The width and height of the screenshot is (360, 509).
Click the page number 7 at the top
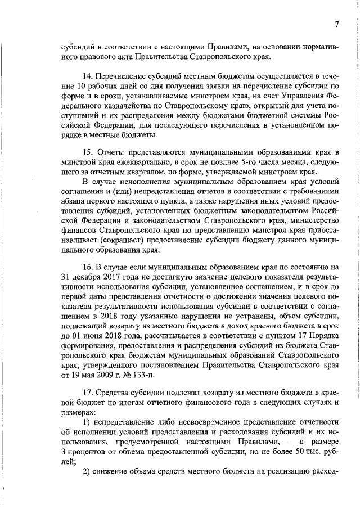pos(336,24)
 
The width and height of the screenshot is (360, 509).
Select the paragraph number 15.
pos(87,152)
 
